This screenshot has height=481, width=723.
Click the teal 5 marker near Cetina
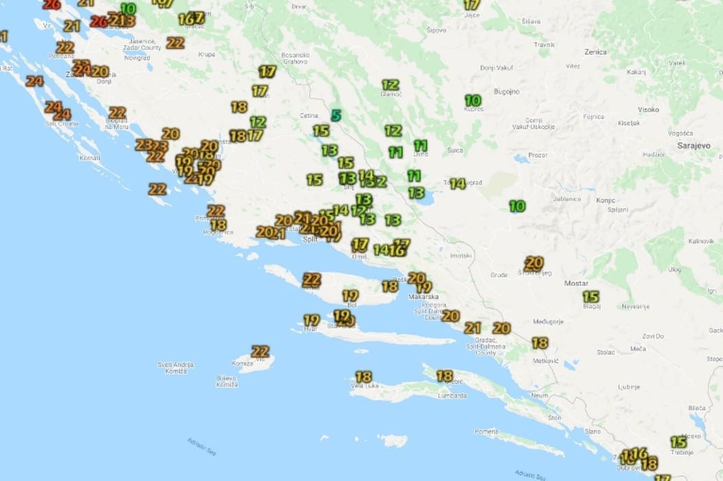(336, 115)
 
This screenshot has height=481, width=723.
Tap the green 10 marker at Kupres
(473, 100)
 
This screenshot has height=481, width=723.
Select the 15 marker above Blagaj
(591, 296)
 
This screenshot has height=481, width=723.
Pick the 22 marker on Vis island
(260, 351)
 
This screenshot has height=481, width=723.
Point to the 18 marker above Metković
(540, 342)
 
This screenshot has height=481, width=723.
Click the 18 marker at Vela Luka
(364, 377)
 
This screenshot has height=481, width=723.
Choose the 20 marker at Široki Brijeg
(534, 262)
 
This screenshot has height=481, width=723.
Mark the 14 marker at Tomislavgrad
(458, 183)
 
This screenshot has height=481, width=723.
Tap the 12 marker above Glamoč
(391, 85)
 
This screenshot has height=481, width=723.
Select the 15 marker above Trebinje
(678, 442)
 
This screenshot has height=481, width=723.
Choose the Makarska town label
(423, 297)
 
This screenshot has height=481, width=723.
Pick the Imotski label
(461, 256)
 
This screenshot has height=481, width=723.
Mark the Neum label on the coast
(540, 396)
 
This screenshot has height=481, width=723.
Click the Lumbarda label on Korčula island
(453, 396)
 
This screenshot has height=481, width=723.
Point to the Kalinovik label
(702, 241)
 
